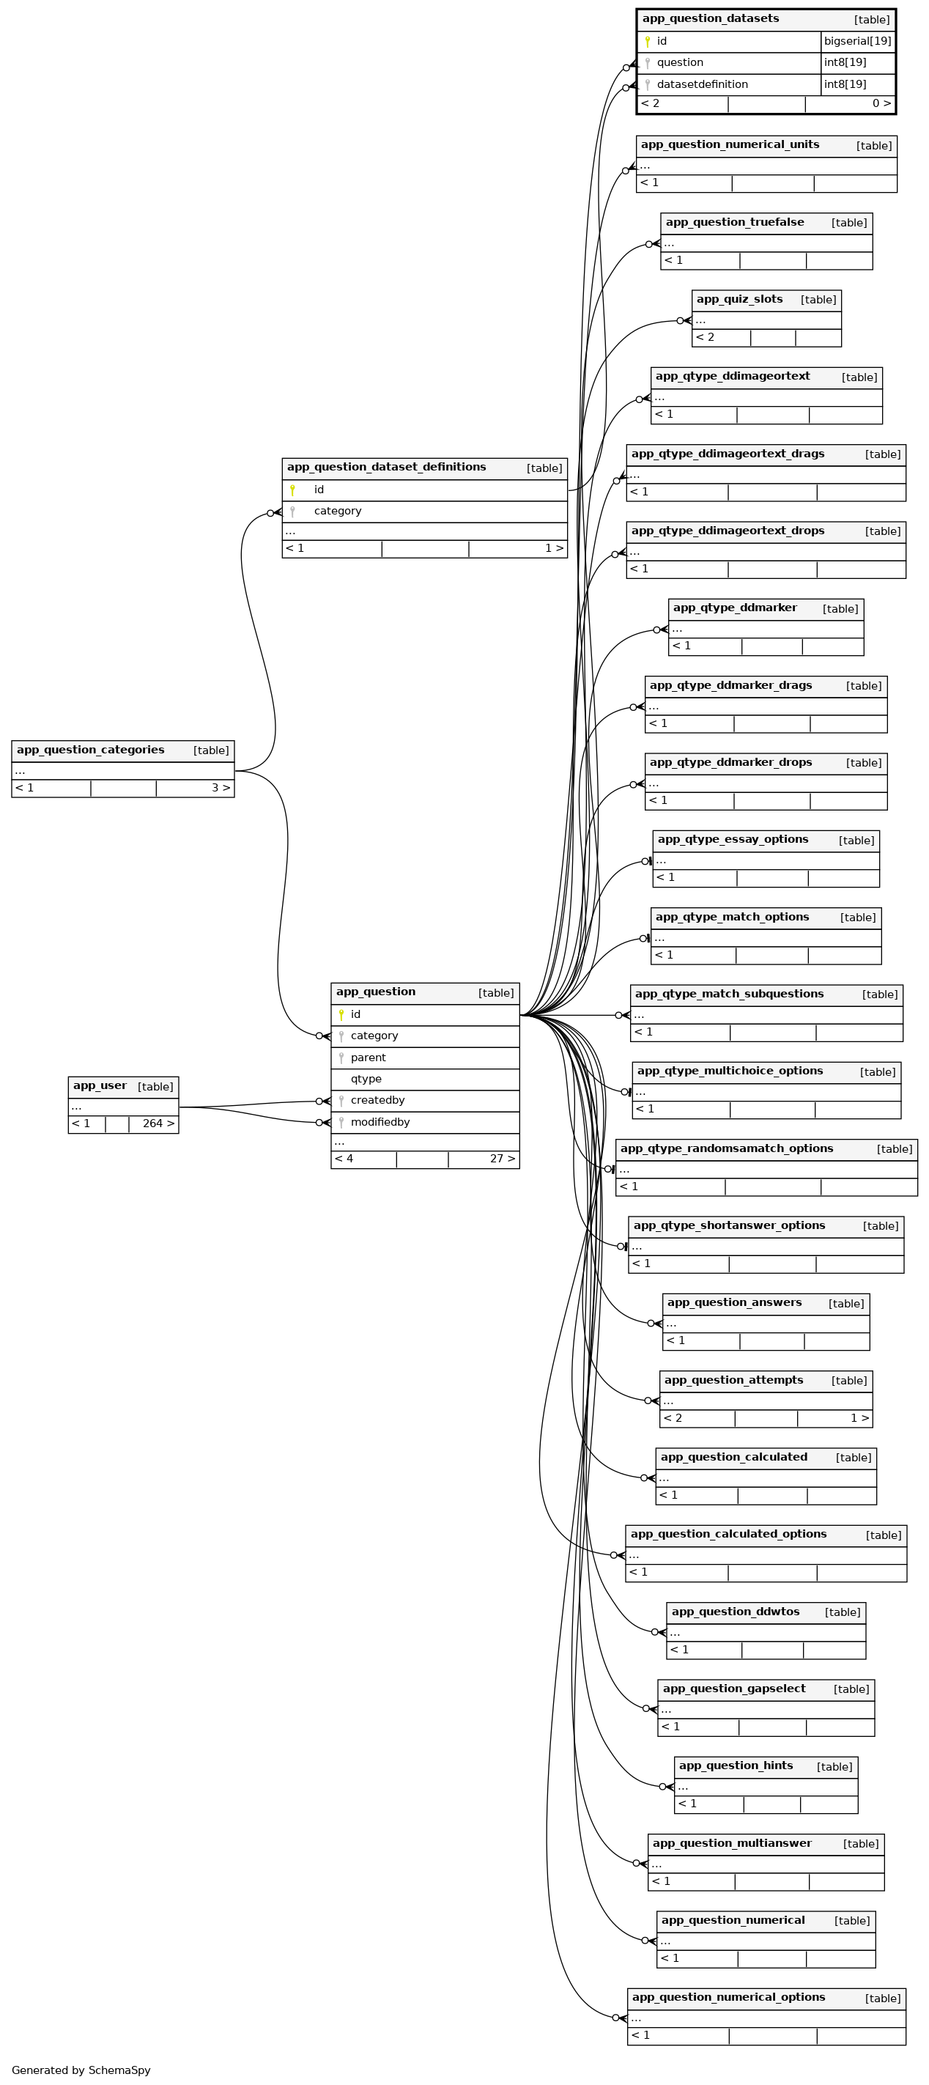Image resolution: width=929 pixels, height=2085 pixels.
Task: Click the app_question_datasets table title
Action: tap(710, 18)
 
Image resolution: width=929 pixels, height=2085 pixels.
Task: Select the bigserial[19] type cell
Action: tap(857, 41)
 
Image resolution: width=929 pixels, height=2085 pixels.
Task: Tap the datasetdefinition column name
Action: tap(702, 84)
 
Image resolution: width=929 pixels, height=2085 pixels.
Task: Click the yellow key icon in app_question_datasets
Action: tap(647, 41)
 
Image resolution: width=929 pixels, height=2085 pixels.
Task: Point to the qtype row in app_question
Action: tap(366, 1079)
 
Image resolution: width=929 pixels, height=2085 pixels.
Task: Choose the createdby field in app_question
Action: tap(377, 1100)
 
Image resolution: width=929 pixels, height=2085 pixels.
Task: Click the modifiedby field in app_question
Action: tap(380, 1122)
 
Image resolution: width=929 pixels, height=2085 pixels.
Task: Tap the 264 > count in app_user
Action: tap(158, 1123)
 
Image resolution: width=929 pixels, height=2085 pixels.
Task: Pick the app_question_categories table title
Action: tap(91, 750)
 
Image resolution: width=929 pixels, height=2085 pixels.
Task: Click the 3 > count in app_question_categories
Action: tap(220, 788)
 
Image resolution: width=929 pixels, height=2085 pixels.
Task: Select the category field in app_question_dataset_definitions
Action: tap(338, 511)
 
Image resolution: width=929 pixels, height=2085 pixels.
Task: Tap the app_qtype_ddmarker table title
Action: tap(734, 608)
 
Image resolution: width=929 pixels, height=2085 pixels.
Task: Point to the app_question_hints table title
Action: tap(736, 1766)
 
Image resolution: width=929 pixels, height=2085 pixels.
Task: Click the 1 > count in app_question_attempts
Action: tap(859, 1418)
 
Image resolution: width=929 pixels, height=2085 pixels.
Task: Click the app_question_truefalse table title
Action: tap(734, 223)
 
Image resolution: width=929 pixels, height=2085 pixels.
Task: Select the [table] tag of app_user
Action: tap(155, 1087)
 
